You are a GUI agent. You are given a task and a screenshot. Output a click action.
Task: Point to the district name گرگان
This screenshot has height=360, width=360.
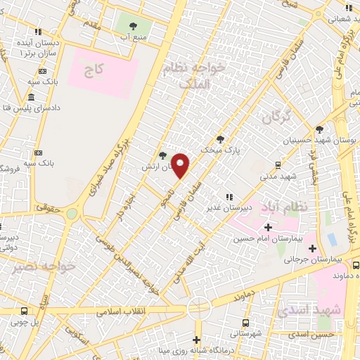pos(276,117)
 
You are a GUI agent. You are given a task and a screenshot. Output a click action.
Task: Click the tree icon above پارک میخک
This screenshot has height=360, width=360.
pos(221,139)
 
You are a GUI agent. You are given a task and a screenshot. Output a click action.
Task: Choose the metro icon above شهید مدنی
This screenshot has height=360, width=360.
pos(279,166)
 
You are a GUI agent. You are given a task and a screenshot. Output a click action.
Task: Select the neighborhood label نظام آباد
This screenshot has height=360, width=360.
pos(285,208)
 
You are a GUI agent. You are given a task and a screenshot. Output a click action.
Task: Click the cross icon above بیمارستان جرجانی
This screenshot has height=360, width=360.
pos(312,248)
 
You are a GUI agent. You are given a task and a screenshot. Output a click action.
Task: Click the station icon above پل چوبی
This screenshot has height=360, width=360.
pos(25,311)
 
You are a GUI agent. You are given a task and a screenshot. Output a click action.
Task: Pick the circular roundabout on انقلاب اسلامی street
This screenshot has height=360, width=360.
pos(198,307)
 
